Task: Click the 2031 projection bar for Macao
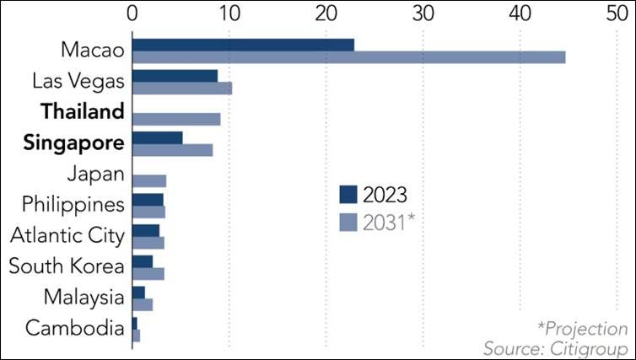(348, 56)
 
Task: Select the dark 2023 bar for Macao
(243, 45)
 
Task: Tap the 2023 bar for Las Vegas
(175, 76)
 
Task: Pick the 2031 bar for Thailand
(176, 119)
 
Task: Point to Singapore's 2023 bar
(157, 137)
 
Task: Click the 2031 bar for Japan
(149, 180)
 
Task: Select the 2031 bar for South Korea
(148, 273)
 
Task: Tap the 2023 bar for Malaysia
(138, 292)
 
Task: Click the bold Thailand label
(82, 111)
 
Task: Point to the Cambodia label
(75, 328)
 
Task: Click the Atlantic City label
(67, 235)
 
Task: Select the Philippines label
(73, 204)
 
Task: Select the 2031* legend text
(389, 223)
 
